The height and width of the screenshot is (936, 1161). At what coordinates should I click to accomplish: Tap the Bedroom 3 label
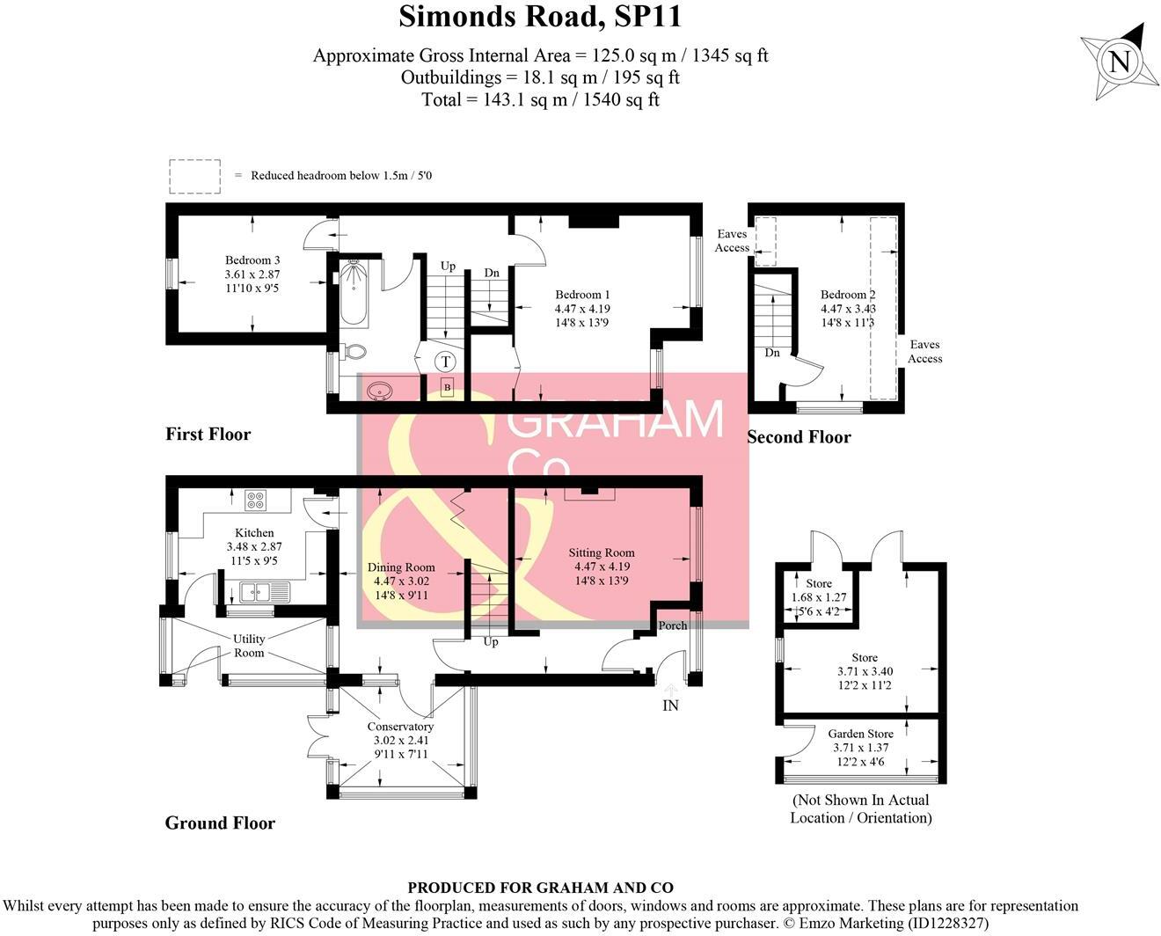[252, 260]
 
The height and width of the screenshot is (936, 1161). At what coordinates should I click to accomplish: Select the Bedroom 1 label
[582, 296]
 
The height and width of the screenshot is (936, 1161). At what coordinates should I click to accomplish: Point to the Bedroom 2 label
[848, 296]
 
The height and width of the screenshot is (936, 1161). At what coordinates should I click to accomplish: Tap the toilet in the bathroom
[354, 351]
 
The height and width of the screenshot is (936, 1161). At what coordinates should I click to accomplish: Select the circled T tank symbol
[446, 362]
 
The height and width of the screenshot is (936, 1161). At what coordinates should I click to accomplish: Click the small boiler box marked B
[447, 387]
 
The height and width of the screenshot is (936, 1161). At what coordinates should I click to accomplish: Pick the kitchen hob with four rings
[256, 501]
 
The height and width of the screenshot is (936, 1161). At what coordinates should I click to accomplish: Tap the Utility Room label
[249, 646]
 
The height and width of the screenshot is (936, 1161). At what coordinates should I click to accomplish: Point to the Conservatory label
[400, 727]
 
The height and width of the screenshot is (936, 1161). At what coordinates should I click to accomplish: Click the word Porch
[673, 625]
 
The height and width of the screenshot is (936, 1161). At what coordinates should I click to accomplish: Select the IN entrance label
[670, 706]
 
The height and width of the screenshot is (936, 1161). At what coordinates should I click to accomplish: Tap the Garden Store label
[860, 734]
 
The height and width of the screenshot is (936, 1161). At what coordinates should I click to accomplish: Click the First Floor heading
[208, 434]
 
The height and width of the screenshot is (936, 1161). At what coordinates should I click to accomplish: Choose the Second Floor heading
[799, 437]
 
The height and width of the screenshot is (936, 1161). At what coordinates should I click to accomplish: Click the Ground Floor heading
[220, 823]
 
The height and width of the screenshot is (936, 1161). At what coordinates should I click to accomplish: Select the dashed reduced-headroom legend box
[194, 176]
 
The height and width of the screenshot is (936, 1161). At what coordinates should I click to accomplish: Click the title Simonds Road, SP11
[540, 17]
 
